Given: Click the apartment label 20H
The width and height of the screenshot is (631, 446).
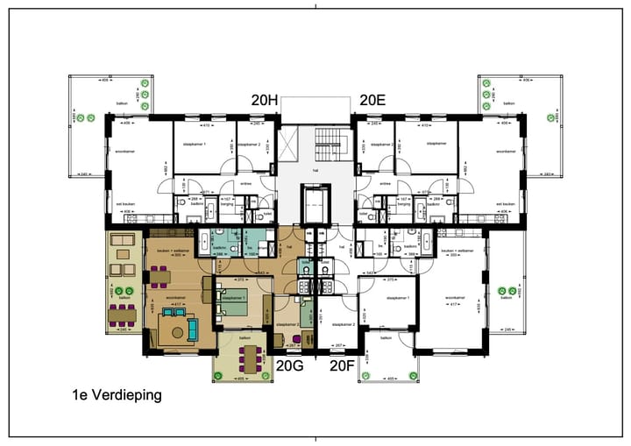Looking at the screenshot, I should click(x=264, y=101).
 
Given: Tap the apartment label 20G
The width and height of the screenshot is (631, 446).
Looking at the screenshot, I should click(x=290, y=365).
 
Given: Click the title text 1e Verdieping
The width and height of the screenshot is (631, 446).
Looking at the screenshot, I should click(x=117, y=395).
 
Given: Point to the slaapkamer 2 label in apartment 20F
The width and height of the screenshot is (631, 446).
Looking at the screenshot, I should click(x=344, y=324).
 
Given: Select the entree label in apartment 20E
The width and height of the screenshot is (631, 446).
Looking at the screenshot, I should click(x=384, y=183).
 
